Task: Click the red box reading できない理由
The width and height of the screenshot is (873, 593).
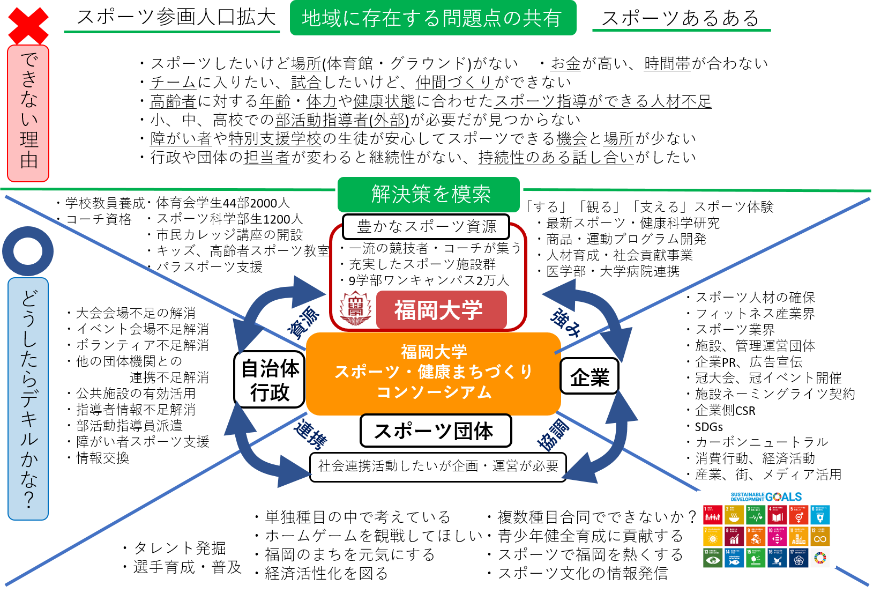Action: point(28,113)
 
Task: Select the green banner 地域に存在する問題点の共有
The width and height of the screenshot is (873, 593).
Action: point(432,18)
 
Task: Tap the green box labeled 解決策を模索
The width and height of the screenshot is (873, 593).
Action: point(429,194)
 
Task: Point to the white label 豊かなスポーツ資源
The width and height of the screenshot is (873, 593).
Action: point(426,226)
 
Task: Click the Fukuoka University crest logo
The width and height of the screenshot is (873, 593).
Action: point(355,307)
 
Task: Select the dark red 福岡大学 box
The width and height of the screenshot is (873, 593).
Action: point(441,310)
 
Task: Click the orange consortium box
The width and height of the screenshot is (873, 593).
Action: point(433,373)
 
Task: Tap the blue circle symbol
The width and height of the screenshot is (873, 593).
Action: point(28,251)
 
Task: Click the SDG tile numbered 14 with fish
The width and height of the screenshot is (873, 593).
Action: point(734,558)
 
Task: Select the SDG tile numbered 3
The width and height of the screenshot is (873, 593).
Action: point(756,515)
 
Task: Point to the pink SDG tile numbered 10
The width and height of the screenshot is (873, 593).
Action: point(777,536)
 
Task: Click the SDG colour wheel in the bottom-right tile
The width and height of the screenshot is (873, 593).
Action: point(820,558)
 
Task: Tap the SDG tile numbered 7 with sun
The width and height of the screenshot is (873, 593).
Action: point(712,536)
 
